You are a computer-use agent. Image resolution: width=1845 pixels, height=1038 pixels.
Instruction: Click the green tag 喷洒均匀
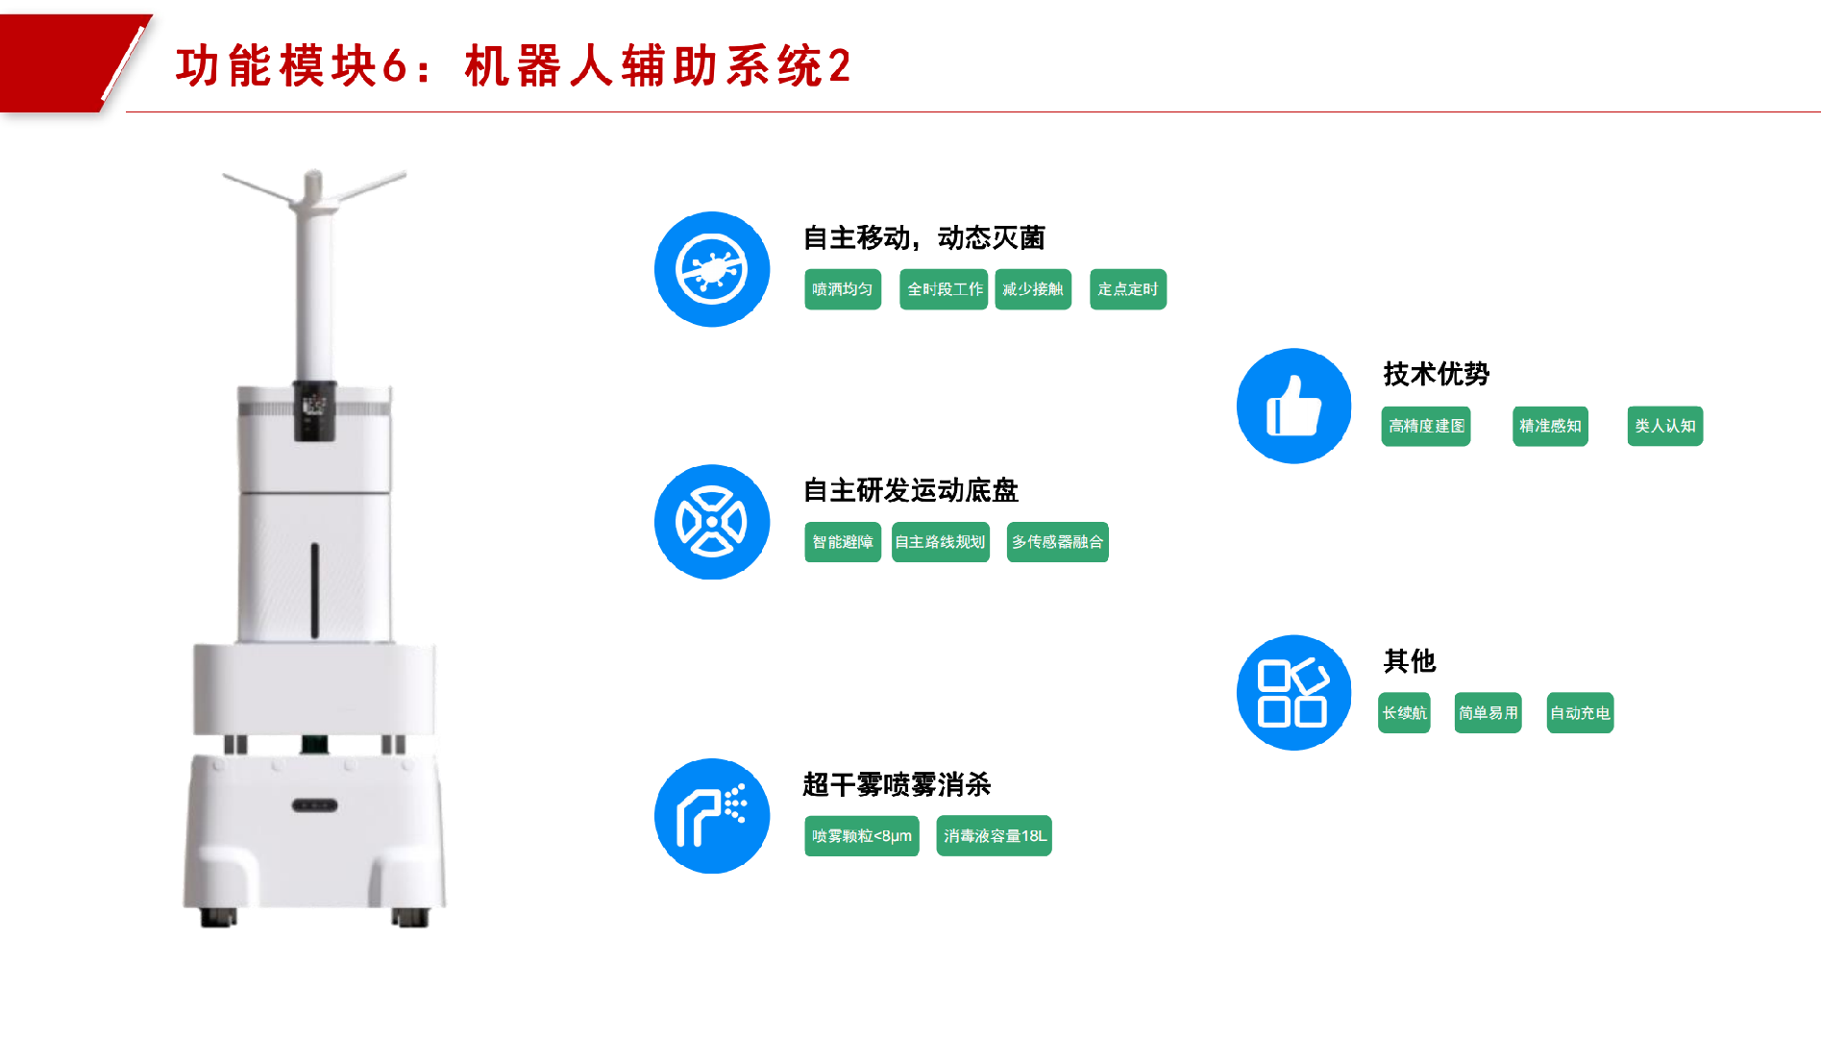coord(843,289)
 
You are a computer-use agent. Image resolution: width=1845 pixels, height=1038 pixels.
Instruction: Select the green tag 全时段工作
coord(944,289)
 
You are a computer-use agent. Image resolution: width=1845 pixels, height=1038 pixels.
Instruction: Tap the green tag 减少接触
coord(1033,289)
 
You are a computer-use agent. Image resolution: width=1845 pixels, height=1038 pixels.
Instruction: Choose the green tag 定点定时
coord(1128,289)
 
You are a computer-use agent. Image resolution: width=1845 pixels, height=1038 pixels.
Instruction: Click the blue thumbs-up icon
coord(1293,406)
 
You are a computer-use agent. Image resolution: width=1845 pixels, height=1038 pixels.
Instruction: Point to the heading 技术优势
coord(1436,374)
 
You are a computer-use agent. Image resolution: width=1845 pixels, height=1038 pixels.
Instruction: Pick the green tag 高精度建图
coord(1426,426)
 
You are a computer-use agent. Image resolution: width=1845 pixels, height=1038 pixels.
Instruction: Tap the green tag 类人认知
coord(1664,426)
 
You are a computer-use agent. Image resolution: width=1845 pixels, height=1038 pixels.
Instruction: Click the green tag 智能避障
coord(843,542)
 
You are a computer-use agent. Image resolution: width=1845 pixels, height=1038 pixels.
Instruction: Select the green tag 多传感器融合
coord(1057,542)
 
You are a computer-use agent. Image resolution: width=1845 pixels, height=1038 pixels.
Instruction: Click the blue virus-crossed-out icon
coord(712,269)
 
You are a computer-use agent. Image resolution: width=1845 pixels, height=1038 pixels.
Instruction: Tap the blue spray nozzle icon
coord(712,816)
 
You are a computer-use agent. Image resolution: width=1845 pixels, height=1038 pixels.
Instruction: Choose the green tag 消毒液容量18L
coord(994,836)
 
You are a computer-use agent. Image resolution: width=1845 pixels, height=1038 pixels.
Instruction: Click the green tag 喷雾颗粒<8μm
coord(862,836)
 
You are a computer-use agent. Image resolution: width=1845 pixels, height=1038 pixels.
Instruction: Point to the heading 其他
coord(1409,661)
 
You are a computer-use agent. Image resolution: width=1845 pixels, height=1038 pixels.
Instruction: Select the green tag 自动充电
coord(1580,713)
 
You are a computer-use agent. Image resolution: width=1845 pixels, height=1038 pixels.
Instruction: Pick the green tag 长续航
coord(1404,713)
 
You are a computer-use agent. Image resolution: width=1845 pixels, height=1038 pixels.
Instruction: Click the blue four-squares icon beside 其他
coord(1293,692)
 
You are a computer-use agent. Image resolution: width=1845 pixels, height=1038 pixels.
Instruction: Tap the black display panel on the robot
coord(314,410)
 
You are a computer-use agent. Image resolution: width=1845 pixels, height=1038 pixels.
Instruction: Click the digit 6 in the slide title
coord(394,67)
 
